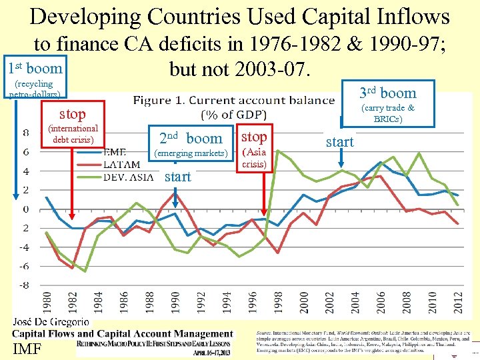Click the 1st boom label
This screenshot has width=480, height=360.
click(35, 68)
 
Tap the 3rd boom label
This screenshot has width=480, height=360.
click(387, 93)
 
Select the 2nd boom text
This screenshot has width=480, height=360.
click(191, 139)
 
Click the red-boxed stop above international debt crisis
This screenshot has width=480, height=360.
click(73, 114)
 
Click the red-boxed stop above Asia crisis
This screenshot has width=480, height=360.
click(254, 137)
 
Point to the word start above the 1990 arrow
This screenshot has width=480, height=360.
click(177, 177)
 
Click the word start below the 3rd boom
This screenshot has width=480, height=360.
click(340, 142)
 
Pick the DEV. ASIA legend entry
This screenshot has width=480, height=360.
click(128, 177)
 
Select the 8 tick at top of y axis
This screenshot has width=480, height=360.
click(25, 133)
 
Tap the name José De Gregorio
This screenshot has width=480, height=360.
click(51, 322)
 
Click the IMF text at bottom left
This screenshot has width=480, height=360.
click(27, 348)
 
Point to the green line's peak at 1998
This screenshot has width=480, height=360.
click(277, 151)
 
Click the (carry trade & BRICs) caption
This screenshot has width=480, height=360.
click(387, 113)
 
